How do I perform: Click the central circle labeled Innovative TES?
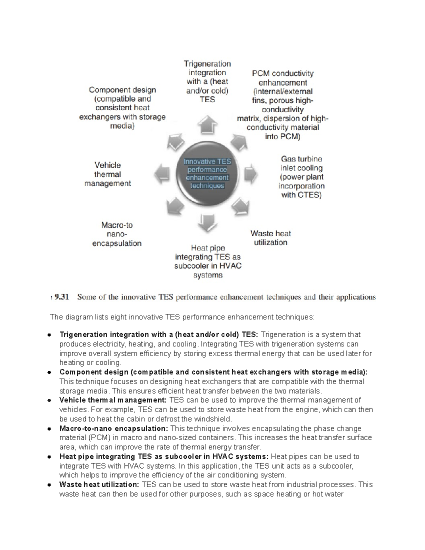(207, 174)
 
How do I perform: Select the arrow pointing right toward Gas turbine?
(250, 174)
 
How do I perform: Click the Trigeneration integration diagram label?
(208, 81)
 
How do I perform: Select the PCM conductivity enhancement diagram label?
(283, 105)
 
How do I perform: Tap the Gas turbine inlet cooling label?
(301, 177)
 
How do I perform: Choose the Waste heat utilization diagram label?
(271, 238)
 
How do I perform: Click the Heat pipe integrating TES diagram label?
(208, 261)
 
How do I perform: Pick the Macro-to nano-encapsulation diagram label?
(117, 234)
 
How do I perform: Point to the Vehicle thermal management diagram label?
(108, 174)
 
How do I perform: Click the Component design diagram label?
(122, 108)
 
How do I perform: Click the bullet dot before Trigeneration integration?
(50, 335)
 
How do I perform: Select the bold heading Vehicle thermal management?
(113, 400)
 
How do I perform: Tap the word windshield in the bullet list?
(214, 419)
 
